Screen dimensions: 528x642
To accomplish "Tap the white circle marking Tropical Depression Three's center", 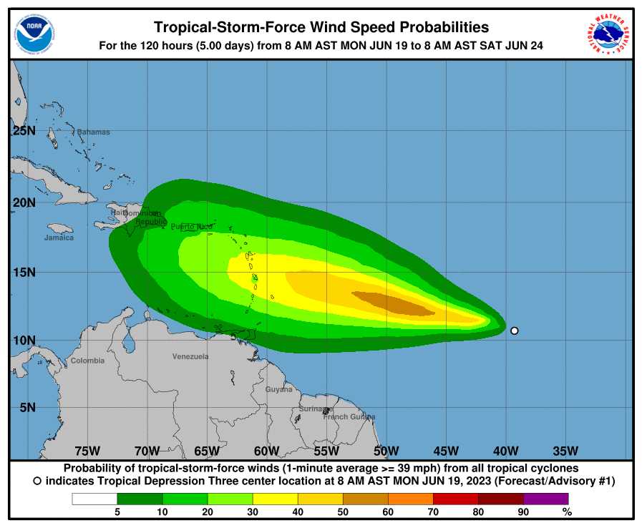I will tap(514, 331).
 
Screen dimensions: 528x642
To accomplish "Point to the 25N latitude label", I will tap(24, 131).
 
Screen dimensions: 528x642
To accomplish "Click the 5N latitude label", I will tap(26, 407).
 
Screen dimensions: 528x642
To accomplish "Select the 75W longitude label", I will tap(87, 451).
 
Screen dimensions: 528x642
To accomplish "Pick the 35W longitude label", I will tap(565, 451).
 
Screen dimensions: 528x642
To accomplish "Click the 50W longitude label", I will tap(386, 451).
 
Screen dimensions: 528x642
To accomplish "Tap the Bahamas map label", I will tap(94, 132).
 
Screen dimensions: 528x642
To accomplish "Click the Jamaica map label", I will tap(59, 238).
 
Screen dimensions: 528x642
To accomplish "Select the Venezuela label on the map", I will tap(190, 356).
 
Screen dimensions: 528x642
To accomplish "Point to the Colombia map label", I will tap(87, 361).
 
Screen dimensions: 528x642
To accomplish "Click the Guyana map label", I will tap(279, 390).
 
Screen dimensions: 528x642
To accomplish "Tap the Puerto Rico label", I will tap(192, 227).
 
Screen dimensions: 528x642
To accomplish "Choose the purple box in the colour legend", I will tap(546, 499).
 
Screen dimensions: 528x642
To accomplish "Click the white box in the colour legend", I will tap(94, 499).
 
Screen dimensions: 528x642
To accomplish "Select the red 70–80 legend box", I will tap(455, 499).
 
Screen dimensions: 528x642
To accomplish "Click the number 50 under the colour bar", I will tap(343, 512).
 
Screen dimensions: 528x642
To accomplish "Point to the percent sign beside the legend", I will tap(567, 512).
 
